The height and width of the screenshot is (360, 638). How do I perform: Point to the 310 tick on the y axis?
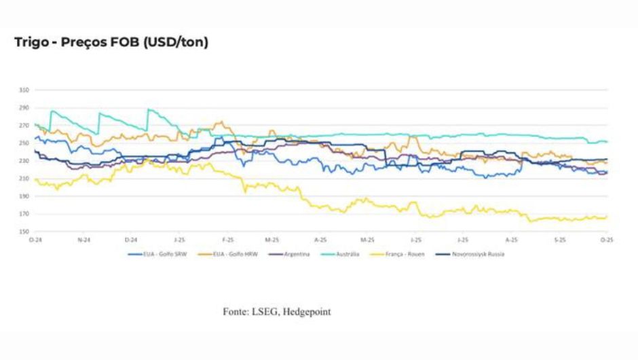pos(24,90)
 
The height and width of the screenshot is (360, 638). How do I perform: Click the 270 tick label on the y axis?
pos(24,126)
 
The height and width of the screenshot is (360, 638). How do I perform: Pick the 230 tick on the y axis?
pos(24,161)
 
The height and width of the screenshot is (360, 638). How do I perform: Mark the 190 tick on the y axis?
pos(24,196)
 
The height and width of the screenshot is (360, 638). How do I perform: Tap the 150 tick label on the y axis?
pos(24,232)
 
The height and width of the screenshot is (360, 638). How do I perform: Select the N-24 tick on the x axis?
pos(82,240)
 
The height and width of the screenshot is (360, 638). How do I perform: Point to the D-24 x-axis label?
pos(130,240)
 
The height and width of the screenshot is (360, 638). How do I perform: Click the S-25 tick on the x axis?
pos(559,240)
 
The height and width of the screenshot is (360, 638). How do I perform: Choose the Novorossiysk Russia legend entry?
pos(478,254)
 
